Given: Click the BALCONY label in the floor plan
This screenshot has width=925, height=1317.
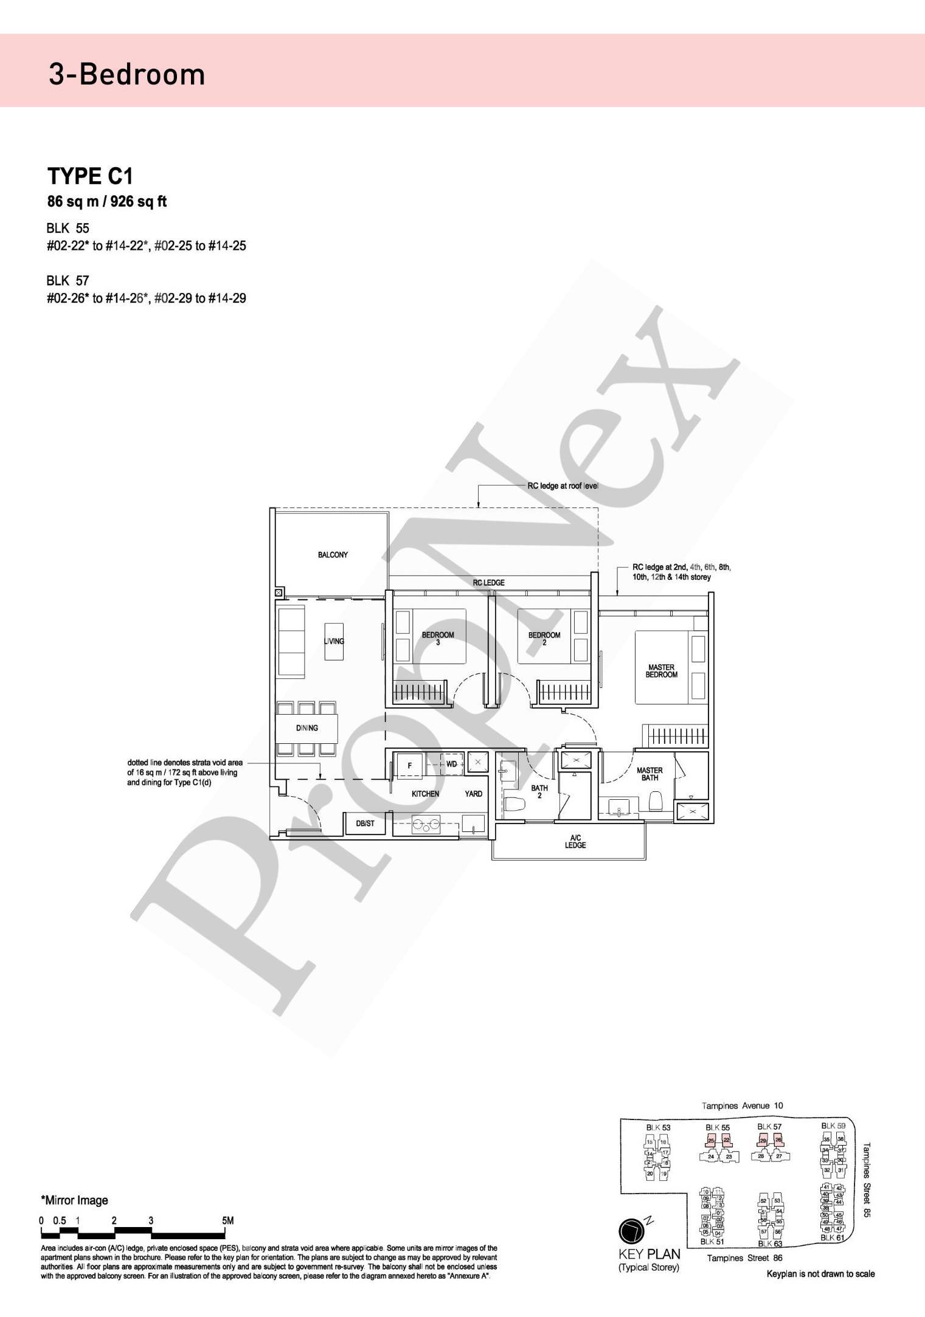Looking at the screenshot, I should click(333, 555).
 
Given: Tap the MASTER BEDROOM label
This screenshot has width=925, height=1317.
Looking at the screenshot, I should click(661, 671).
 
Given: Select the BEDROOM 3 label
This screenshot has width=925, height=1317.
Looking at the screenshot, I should click(438, 639).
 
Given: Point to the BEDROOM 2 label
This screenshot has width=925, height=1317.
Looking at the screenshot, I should click(544, 639).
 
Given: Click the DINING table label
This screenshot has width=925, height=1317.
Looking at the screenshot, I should click(307, 728).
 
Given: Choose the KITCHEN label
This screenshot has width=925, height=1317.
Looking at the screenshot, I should click(425, 794).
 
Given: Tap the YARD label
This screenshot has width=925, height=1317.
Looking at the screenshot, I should click(474, 794).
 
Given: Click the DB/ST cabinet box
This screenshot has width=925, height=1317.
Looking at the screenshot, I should click(365, 824).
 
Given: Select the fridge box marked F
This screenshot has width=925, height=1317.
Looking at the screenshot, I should click(410, 766).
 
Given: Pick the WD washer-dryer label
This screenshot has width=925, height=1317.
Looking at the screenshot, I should click(451, 764).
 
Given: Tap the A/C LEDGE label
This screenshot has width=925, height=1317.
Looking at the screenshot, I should click(575, 842).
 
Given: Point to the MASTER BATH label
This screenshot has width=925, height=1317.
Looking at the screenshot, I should click(650, 774).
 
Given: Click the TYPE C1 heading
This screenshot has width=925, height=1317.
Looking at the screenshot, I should click(90, 176).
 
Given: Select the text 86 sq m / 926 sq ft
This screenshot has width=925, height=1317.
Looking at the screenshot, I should click(107, 202).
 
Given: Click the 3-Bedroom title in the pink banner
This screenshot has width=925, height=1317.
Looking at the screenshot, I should click(127, 75).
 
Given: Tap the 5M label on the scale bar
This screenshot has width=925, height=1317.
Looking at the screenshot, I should click(228, 1220).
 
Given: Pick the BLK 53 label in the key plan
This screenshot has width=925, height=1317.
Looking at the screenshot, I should click(658, 1128).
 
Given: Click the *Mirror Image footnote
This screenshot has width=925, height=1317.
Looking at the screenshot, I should click(74, 1200).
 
